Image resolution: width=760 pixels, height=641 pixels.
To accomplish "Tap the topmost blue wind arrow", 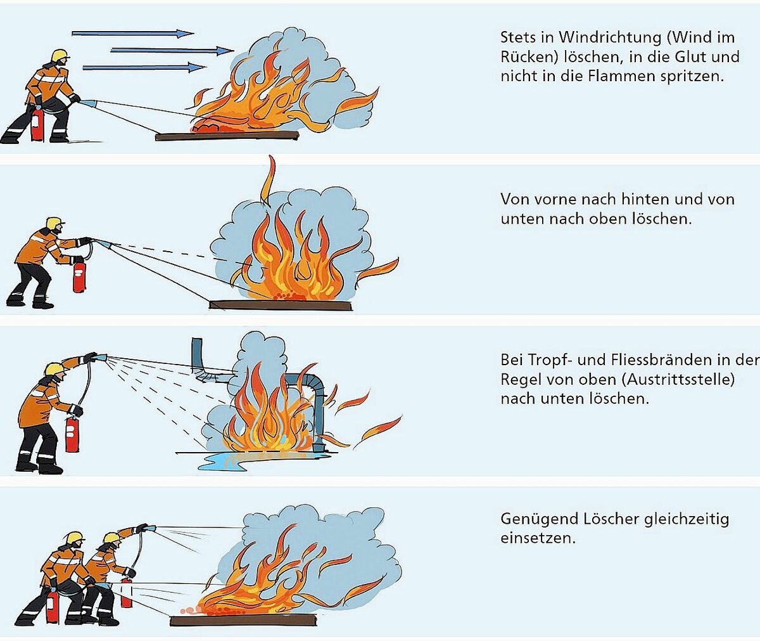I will point(132,33).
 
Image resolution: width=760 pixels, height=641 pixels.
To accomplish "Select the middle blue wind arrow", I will point(172,50).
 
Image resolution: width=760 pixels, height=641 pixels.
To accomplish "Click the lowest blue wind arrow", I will point(144,67).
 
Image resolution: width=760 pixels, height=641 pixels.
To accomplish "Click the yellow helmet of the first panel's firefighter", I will point(60,55).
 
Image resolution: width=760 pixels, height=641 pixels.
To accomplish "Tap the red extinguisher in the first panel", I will point(37,125).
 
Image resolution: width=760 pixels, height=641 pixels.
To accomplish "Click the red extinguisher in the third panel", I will point(72,434).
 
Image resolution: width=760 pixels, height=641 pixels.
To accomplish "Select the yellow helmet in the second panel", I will point(54,223).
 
